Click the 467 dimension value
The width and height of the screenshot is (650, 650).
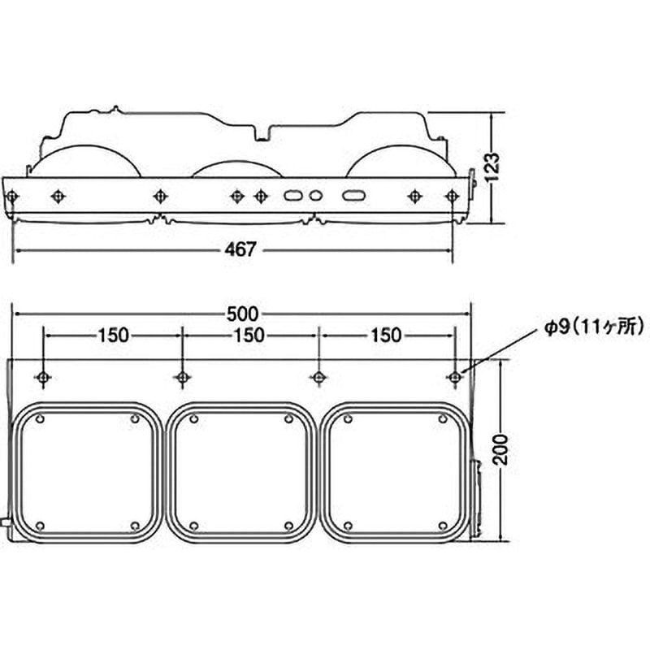point(240,249)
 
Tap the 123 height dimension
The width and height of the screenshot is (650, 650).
point(492,167)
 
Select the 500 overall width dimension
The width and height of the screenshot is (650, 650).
point(242,314)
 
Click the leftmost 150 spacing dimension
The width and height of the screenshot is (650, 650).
point(113,335)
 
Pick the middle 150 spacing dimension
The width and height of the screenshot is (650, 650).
point(249,335)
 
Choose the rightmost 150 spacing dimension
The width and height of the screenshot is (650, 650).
point(386,335)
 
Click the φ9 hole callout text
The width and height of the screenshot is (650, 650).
point(594,327)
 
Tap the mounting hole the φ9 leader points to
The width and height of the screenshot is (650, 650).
point(455,377)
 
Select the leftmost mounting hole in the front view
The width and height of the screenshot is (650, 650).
point(43,377)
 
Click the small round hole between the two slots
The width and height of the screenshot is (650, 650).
point(316,195)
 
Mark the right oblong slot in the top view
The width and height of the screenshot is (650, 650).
point(353,195)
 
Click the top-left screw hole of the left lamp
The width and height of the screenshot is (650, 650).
point(40,419)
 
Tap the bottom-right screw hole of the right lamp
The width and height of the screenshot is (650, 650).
point(443,526)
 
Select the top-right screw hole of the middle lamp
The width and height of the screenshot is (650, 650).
point(289,419)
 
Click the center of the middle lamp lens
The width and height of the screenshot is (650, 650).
point(241,473)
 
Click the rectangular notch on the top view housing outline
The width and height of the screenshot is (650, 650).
point(262,133)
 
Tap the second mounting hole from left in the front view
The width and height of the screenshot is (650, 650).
point(182,377)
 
